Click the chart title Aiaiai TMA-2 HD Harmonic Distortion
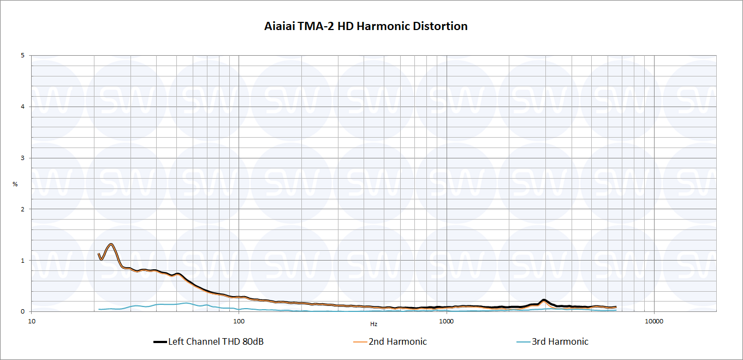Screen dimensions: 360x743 pyautogui.click(x=366, y=26)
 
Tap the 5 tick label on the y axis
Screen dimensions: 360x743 pyautogui.click(x=22, y=55)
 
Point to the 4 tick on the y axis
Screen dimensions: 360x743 pyautogui.click(x=22, y=107)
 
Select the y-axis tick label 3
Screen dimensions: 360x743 pyautogui.click(x=22, y=158)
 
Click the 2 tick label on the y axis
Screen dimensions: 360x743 pyautogui.click(x=22, y=209)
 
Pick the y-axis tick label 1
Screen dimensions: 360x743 pyautogui.click(x=22, y=261)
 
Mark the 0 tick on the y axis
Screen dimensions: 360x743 pyautogui.click(x=22, y=311)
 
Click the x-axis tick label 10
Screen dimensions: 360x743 pyautogui.click(x=32, y=321)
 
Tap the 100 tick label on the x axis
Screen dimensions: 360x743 pyautogui.click(x=239, y=321)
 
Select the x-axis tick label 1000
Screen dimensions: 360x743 pyautogui.click(x=447, y=321)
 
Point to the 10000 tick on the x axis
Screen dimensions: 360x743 pyautogui.click(x=654, y=321)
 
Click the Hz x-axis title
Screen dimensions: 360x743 pyautogui.click(x=374, y=324)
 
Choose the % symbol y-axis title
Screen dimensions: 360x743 pyautogui.click(x=15, y=184)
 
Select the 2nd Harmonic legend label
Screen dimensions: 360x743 pyautogui.click(x=397, y=342)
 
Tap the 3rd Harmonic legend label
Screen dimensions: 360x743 pyautogui.click(x=560, y=342)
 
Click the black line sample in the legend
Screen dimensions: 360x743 pyautogui.click(x=160, y=342)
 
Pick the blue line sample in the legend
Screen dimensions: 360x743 pyautogui.click(x=523, y=342)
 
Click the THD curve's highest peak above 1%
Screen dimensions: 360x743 pyautogui.click(x=111, y=244)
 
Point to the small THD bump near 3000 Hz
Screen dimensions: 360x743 pyautogui.click(x=544, y=300)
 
